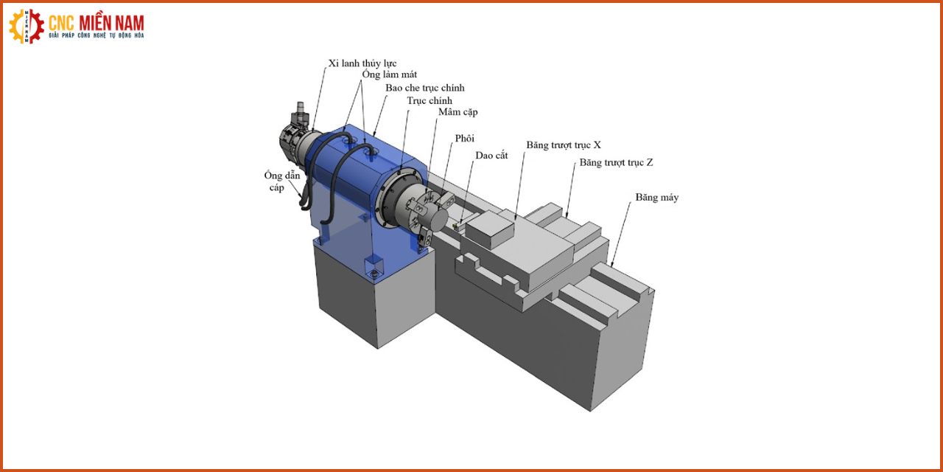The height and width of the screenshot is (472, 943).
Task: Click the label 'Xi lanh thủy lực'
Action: [x=362, y=63]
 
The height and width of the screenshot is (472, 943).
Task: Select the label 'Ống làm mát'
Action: [x=390, y=74]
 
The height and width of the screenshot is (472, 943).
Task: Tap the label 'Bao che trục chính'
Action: [x=425, y=88]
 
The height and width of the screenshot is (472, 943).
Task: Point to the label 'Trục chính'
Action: [x=430, y=101]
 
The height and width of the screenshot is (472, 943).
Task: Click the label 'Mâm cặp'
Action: [x=458, y=112]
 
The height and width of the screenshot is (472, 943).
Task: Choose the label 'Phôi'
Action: [x=464, y=138]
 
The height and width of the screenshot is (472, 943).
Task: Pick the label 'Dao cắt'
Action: [x=491, y=155]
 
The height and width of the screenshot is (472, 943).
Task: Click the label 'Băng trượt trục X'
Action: [x=564, y=145]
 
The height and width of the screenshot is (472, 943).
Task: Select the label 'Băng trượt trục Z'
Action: [x=617, y=162]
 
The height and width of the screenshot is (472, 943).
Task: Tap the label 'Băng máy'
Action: [x=656, y=197]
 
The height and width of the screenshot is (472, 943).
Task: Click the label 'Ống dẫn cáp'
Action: [x=281, y=181]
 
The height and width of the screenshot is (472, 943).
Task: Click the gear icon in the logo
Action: [x=26, y=27]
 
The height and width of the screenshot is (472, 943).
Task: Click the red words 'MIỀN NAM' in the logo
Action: [x=111, y=23]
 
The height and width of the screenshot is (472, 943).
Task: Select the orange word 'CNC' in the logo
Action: [x=61, y=23]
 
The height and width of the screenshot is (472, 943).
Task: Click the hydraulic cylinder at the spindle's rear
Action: [x=295, y=141]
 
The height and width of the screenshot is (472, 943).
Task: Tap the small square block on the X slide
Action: [x=490, y=229]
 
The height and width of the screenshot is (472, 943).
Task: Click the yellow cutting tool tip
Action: [x=455, y=227]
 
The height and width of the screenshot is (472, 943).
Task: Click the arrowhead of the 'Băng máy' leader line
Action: [x=611, y=264]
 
